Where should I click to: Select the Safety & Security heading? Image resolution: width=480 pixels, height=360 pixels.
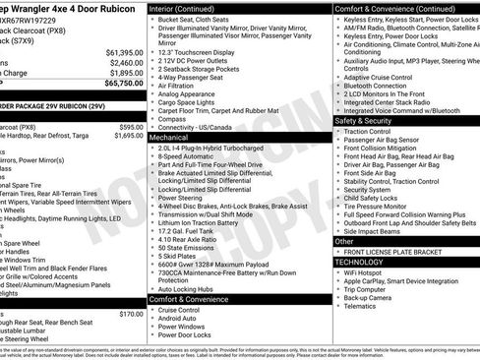point(372,120)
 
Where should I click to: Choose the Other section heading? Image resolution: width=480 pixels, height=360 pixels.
point(344,241)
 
